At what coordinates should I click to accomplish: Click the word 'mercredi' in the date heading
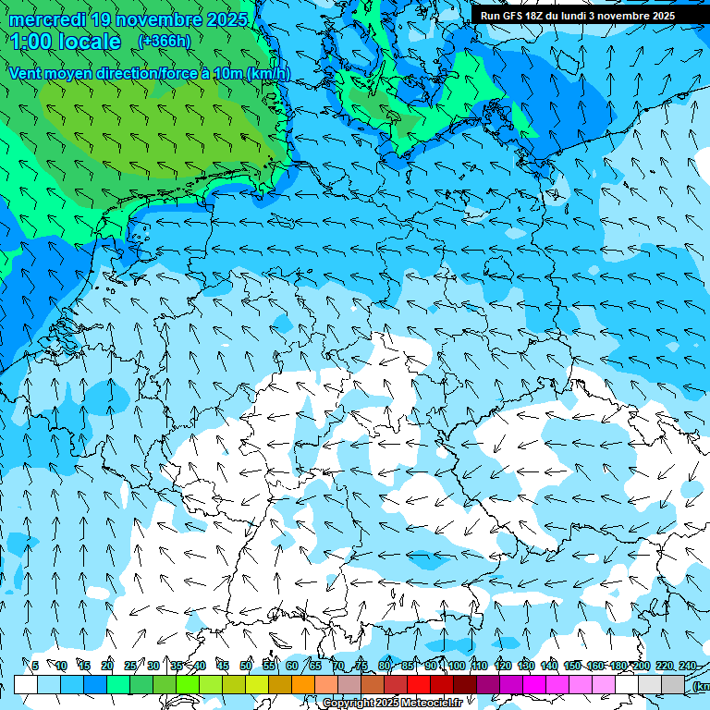point(47,19)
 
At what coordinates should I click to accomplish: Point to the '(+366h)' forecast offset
point(165,41)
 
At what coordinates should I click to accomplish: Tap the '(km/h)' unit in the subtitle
point(267,73)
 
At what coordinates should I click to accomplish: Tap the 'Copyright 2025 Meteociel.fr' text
point(392,704)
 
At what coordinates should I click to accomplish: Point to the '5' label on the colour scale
point(35,666)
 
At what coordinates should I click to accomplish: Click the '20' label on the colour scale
point(107,666)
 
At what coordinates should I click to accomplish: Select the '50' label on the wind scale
point(246,666)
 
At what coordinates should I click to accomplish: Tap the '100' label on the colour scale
point(457,666)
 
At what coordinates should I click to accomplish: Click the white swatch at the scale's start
point(26,684)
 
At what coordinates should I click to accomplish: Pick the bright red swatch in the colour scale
point(419,684)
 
